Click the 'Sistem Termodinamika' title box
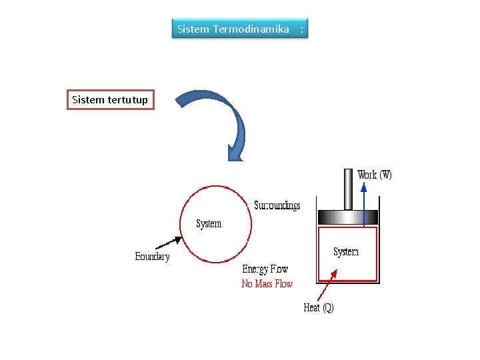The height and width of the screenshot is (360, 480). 240,29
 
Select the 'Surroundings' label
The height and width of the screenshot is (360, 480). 277,205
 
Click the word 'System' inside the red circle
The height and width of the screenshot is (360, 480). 209,223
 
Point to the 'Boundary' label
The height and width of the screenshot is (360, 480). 152,257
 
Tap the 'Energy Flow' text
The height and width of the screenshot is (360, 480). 265,269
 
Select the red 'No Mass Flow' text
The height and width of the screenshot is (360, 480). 267,284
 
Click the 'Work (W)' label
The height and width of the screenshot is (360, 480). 375,175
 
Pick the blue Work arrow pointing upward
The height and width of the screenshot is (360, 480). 364,200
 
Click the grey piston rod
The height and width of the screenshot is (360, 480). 348,189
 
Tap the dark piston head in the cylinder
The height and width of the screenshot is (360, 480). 347,217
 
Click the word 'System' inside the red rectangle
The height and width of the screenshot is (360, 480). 346,252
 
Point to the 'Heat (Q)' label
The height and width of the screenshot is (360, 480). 319,307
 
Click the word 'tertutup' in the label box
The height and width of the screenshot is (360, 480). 127,100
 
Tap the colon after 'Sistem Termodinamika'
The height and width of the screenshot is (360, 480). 302,29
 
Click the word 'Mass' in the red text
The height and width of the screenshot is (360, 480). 265,284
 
